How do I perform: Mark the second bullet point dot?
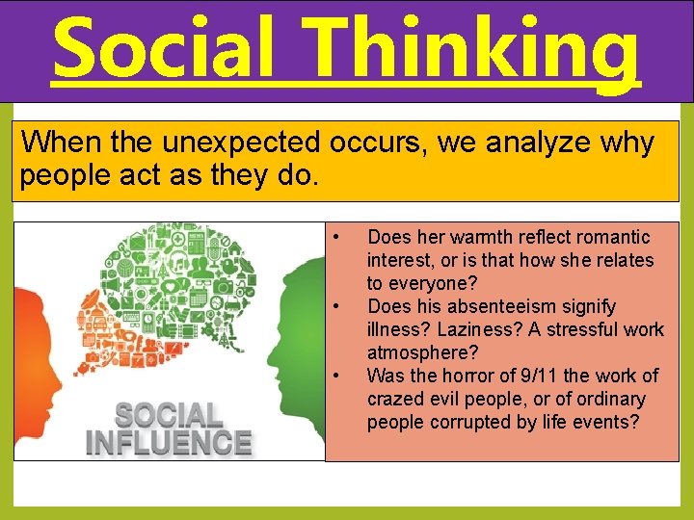point(334,306)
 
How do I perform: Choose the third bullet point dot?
point(334,376)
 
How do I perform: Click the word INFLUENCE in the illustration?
point(169,442)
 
